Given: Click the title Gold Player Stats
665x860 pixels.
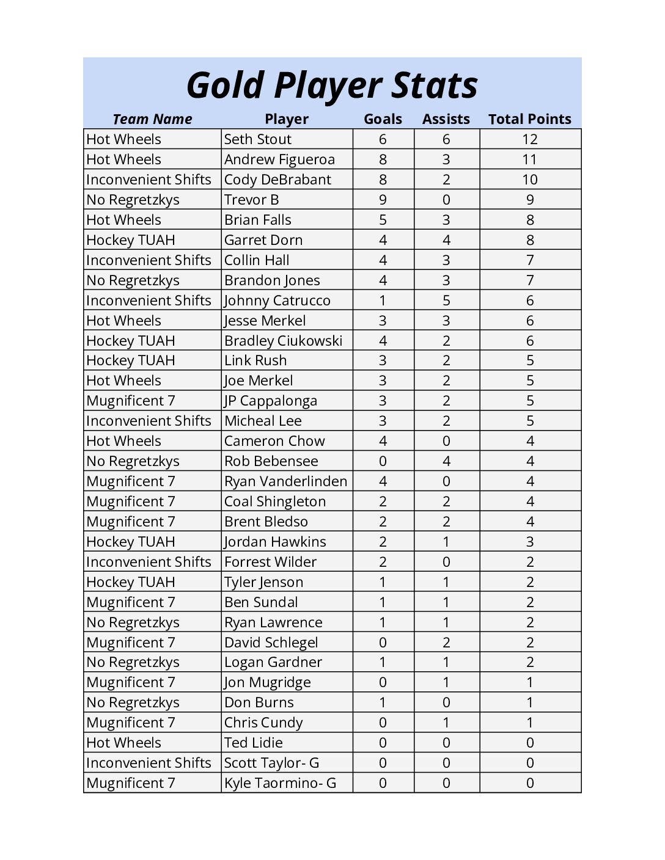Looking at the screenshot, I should (332, 85).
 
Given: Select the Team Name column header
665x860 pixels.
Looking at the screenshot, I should (152, 119).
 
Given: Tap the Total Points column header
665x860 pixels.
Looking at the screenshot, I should (529, 119).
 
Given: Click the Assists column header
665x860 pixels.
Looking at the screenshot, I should (446, 119).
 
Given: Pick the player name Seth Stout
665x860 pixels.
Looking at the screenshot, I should (257, 139).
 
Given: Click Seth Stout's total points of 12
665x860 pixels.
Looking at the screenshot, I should (529, 139).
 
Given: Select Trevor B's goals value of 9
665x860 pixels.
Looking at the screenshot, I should (383, 200).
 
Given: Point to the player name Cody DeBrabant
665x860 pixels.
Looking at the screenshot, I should (277, 180).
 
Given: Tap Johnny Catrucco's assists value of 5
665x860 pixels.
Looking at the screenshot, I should (446, 301).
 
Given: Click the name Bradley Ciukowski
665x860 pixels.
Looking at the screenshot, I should (283, 341).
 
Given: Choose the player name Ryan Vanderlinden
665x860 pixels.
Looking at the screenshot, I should (285, 481).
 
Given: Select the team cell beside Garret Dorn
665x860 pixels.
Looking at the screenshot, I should (131, 240).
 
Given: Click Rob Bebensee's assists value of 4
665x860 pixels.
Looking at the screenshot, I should (446, 461).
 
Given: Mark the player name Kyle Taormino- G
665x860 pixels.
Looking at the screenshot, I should (280, 783).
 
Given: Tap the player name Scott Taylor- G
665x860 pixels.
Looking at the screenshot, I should (271, 763).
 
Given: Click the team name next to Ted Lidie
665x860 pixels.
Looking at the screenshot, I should (123, 743).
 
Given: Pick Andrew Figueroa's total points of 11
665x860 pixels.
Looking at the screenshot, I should (529, 159).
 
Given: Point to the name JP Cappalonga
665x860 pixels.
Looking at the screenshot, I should (270, 401).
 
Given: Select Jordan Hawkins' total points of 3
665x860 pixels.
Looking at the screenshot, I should (529, 542).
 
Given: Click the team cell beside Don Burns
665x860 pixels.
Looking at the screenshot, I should (133, 702).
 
